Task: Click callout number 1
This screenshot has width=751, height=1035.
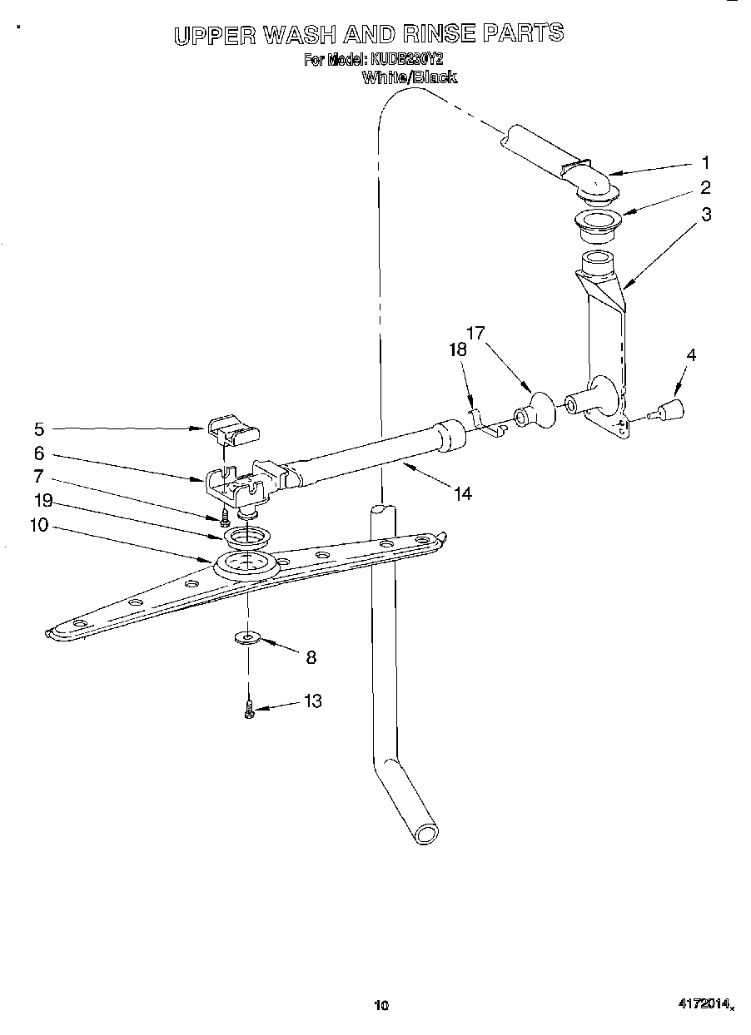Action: coord(705,162)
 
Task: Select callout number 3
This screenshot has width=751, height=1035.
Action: coord(705,214)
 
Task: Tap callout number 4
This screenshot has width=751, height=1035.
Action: coord(691,355)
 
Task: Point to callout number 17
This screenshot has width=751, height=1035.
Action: coord(475,334)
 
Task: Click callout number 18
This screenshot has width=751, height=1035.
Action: coord(458,350)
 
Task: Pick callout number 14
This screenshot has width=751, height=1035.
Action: coord(463,493)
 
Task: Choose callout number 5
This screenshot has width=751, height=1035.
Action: coord(38,429)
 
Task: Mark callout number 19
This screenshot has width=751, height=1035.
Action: coord(43,500)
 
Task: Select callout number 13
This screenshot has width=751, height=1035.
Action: coord(312,701)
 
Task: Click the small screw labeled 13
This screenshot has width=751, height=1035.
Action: coord(249,710)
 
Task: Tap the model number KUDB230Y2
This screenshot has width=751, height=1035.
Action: coord(408,60)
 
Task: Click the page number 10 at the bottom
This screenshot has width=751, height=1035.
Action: coord(381,1006)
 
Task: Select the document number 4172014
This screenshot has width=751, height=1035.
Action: coord(704,1005)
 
